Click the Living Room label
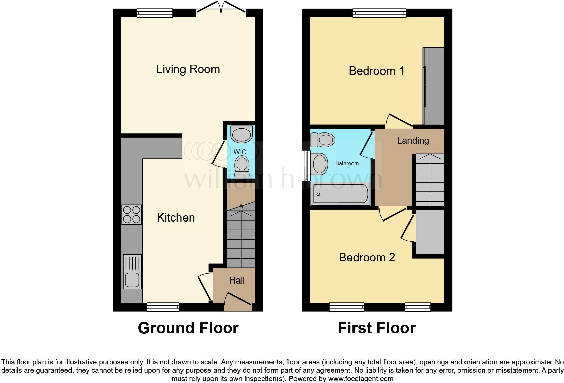point(188,69)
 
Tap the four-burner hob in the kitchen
point(132,214)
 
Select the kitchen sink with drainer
point(132,272)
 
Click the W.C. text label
point(241,152)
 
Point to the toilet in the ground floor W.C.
point(242,165)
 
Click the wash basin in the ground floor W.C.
point(242,134)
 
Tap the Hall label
point(237,281)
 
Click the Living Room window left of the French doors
point(155,13)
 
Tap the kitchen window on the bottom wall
point(163,307)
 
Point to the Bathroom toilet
point(323,139)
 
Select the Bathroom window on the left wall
point(306,165)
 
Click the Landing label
point(413,141)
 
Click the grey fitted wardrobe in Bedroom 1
point(434,86)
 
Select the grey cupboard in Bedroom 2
point(430,233)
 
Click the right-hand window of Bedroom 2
point(418,307)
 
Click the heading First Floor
point(376,328)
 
